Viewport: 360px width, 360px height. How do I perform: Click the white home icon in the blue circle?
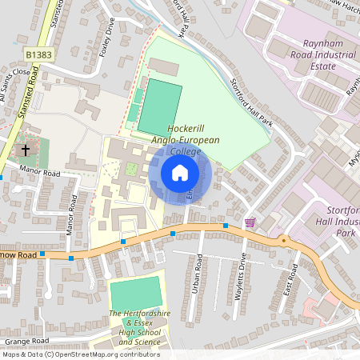(180, 173)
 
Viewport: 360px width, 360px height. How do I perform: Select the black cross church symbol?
(26, 150)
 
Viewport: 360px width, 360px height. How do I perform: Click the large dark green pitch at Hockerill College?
(159, 106)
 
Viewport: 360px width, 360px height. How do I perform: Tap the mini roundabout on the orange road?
(282, 239)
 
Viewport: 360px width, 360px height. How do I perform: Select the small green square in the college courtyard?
(130, 169)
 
